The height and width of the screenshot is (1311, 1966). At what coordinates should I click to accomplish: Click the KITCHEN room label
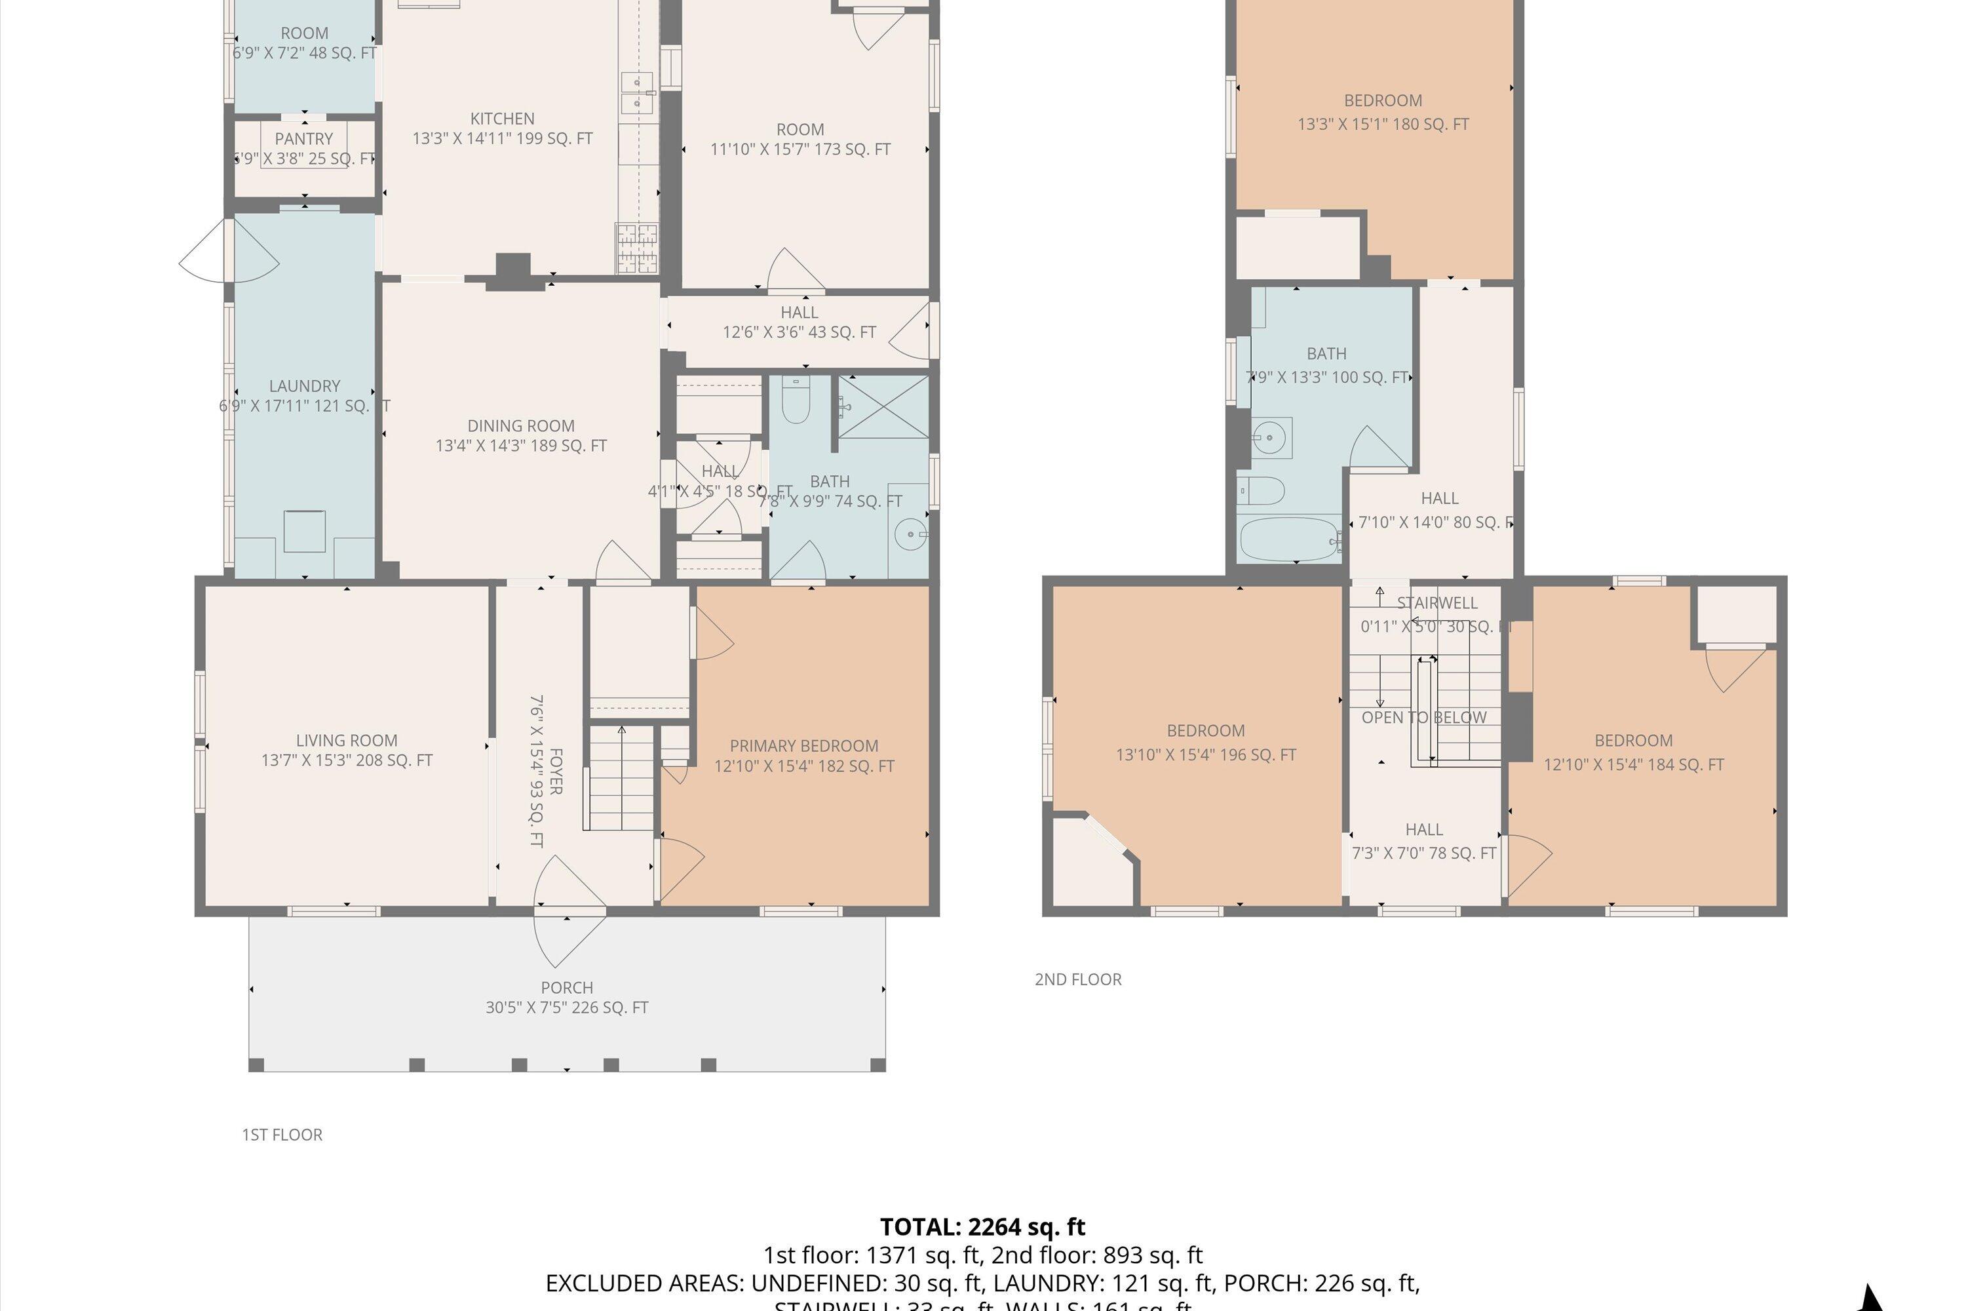click(503, 119)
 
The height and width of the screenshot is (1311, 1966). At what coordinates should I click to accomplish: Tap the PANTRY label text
click(303, 139)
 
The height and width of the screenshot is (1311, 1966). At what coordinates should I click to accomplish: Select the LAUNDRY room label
click(304, 386)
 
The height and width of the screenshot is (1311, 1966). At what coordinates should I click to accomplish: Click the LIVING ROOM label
click(346, 740)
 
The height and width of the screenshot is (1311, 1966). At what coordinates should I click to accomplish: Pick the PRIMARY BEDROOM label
click(803, 746)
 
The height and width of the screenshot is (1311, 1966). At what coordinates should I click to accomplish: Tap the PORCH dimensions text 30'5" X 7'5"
click(567, 1008)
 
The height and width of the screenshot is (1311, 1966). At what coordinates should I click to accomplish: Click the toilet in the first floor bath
click(795, 400)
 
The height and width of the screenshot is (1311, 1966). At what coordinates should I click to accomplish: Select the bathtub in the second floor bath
click(1289, 539)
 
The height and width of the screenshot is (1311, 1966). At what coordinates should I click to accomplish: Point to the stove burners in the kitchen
click(637, 248)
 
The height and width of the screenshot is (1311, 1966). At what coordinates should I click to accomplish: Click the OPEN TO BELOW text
click(1423, 717)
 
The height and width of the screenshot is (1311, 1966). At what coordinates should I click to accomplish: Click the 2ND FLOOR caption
click(1077, 979)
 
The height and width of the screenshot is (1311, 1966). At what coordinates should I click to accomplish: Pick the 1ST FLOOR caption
click(282, 1135)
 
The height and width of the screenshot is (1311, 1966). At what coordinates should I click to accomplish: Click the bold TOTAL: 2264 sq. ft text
click(982, 1226)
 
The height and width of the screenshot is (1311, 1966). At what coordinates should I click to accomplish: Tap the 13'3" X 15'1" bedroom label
click(1383, 112)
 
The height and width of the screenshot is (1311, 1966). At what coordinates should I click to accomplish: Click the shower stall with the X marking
click(883, 407)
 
